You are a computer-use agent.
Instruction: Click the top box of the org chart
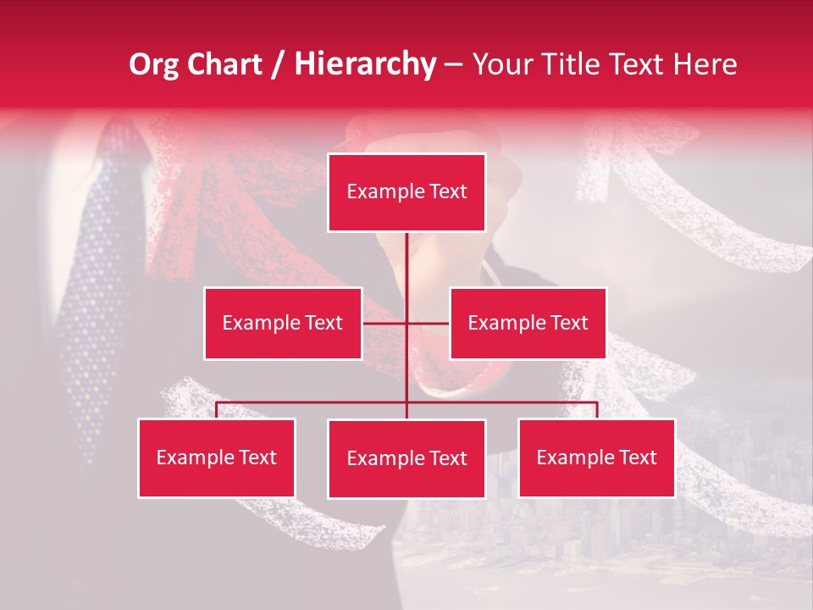406,192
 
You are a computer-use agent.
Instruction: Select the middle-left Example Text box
282,323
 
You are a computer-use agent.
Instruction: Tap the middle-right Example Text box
528,323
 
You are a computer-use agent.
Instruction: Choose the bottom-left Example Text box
216,457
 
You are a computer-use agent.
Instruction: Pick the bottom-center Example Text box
406,458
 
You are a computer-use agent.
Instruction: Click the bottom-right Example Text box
596,457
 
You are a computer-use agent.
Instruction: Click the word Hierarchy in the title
365,64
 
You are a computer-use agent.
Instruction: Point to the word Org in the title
154,64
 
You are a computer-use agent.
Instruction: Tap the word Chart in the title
222,64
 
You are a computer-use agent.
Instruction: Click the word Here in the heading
705,64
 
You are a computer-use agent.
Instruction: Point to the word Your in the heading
501,64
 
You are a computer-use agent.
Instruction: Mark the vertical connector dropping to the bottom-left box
216,410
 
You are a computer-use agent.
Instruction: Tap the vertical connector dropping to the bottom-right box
597,410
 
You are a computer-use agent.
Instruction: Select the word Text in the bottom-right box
638,457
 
